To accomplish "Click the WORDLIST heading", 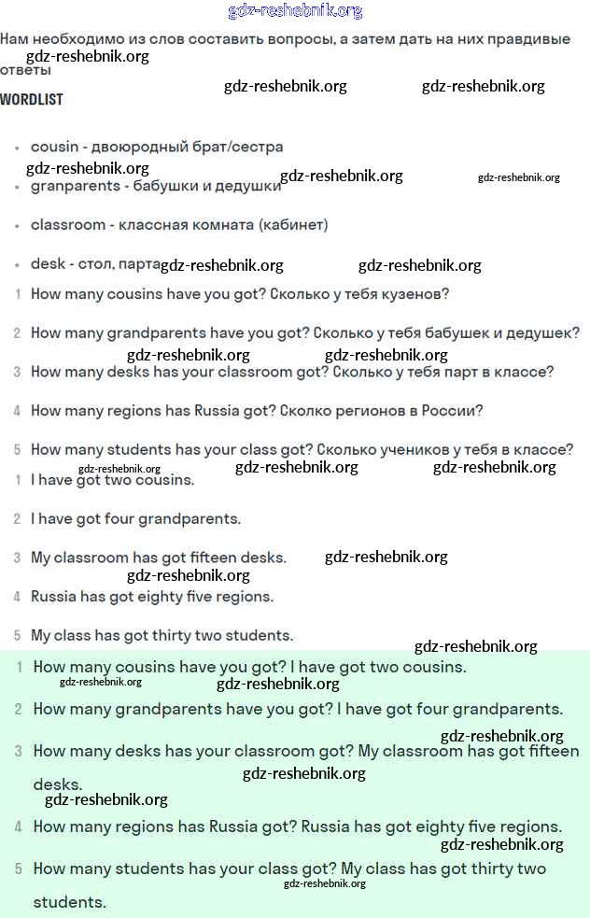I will tap(32, 99).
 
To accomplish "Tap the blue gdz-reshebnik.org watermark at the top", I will tap(295, 11).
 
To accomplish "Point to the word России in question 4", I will tap(453, 411).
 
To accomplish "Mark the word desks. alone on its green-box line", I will tap(58, 785).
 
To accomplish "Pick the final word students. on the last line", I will tap(70, 903).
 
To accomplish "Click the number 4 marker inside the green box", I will tap(19, 827).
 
